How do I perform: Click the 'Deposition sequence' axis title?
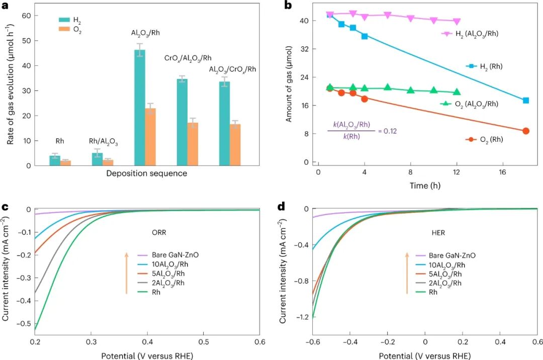coord(147,174)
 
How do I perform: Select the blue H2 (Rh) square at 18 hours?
coord(526,101)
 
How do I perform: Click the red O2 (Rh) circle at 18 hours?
coord(526,131)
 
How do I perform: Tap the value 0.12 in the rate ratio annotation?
coord(391,131)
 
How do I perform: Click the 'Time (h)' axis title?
coord(426,186)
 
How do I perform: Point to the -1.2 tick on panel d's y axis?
coord(302,318)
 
